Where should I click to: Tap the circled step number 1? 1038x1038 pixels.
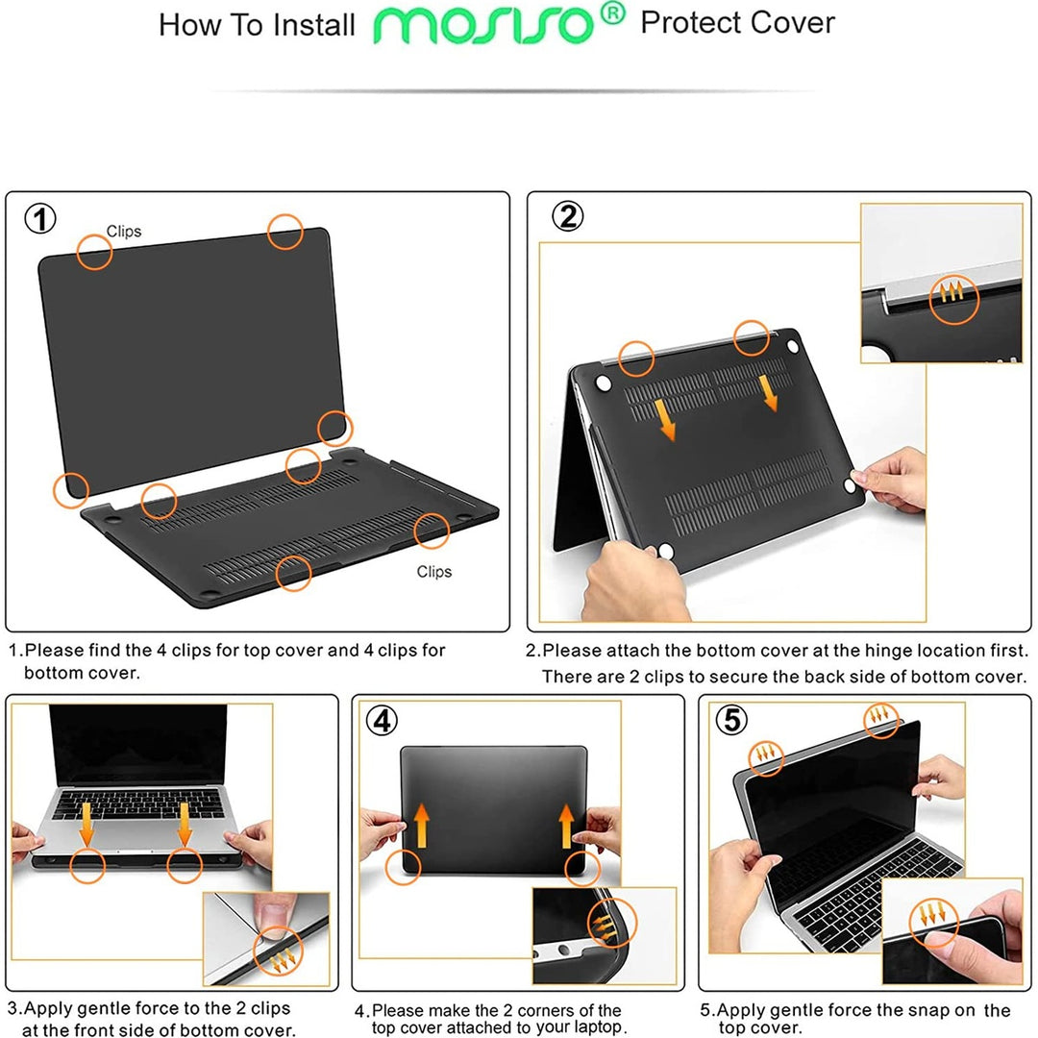(39, 220)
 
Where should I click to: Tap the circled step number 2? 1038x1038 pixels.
(568, 217)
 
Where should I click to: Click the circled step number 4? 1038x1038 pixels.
(383, 721)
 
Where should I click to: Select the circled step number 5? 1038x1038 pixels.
(732, 720)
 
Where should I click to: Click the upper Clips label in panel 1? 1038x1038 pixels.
(124, 232)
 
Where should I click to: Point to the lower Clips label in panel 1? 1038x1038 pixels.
(433, 572)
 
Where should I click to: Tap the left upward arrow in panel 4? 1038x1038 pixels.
(419, 826)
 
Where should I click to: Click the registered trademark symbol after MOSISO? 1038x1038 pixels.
(616, 12)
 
